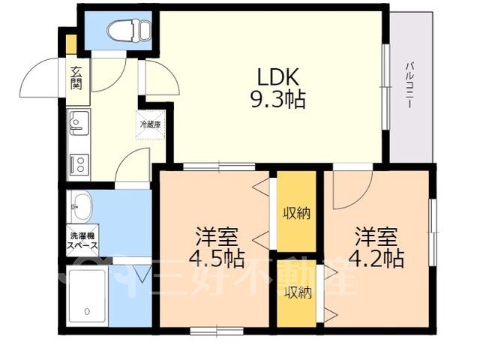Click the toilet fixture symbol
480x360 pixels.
pos(130,30)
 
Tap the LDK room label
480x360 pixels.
pos(277,76)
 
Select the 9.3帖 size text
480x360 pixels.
pos(278,100)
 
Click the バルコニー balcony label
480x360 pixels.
pos(409,85)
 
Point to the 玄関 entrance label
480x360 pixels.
pos(76,78)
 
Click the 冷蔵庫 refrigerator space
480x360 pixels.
pos(150,124)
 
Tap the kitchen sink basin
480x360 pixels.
pos(79,123)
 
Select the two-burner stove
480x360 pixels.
pos(79,164)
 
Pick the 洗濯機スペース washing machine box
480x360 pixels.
pos(82,241)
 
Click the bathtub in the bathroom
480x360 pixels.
pos(87,298)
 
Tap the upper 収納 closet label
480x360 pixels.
pos(296,213)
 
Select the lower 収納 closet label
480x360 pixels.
pos(298,293)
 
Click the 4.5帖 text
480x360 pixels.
pos(217,258)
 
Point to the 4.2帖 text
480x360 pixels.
pos(376,259)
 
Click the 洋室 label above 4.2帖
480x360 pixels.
pos(376,237)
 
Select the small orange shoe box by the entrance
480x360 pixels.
pos(72,45)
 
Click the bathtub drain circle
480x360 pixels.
pos(87,312)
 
